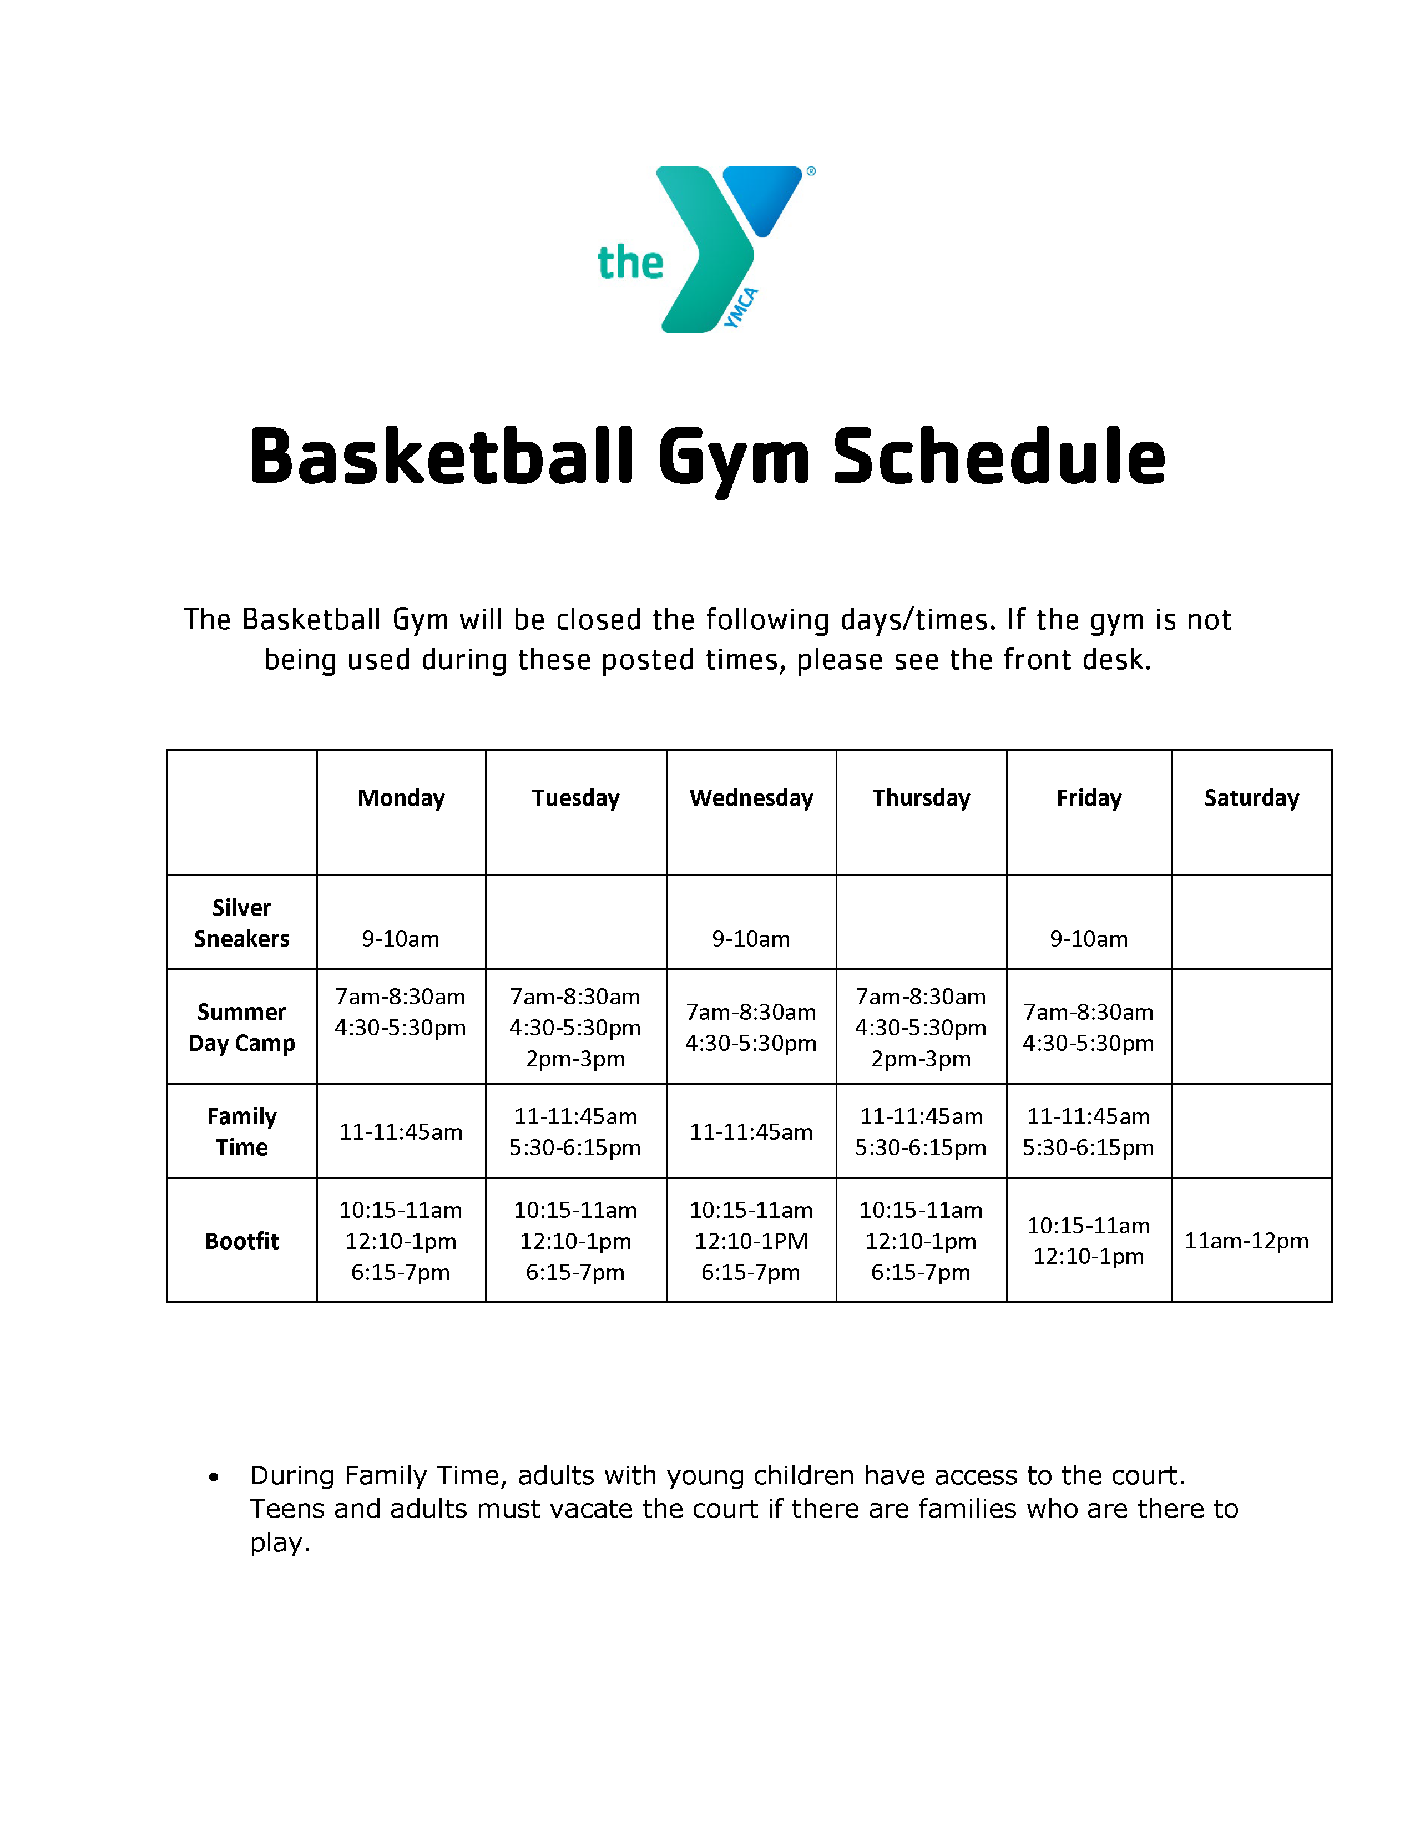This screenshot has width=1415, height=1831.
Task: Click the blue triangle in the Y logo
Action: pyautogui.click(x=761, y=195)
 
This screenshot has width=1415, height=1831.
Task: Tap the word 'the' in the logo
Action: pyautogui.click(x=630, y=263)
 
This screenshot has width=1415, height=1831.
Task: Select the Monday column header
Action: pyautogui.click(x=401, y=798)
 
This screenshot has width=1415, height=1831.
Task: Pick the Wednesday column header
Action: pyautogui.click(x=751, y=798)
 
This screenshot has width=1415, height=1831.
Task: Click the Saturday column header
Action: pyautogui.click(x=1251, y=798)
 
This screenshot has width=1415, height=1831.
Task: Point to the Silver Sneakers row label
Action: pyautogui.click(x=241, y=923)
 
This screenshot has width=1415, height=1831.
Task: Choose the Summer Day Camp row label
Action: pyautogui.click(x=241, y=1027)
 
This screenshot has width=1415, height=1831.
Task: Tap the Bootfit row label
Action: pyautogui.click(x=241, y=1241)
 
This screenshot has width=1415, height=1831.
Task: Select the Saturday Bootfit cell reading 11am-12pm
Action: pyautogui.click(x=1246, y=1241)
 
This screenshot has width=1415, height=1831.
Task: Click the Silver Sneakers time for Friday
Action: pyautogui.click(x=1088, y=939)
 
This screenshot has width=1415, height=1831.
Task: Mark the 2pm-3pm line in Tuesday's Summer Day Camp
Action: pyautogui.click(x=575, y=1059)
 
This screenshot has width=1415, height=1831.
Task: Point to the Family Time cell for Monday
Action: pyautogui.click(x=401, y=1132)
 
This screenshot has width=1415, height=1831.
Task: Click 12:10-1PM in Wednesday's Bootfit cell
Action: pyautogui.click(x=751, y=1241)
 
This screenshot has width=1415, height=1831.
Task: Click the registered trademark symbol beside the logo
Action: pyautogui.click(x=811, y=171)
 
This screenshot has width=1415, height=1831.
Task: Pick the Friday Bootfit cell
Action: pyautogui.click(x=1088, y=1241)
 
